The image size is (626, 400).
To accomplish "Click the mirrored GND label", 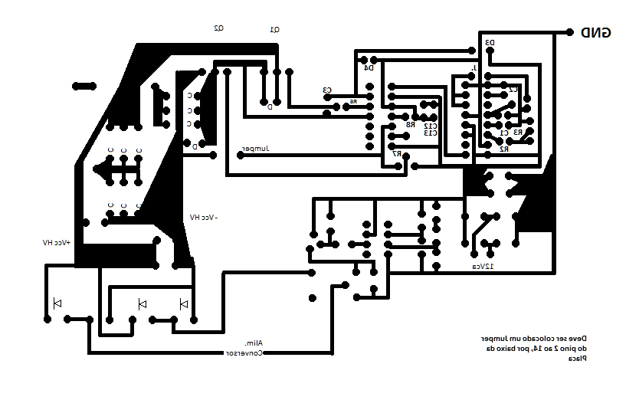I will [x=595, y=32].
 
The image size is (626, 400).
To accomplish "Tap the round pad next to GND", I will [x=569, y=32].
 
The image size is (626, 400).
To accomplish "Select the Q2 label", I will [x=218, y=28].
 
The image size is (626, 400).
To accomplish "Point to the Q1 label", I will [x=275, y=29].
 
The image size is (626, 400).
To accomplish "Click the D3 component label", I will [x=490, y=43].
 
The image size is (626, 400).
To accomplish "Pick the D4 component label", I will [x=369, y=67].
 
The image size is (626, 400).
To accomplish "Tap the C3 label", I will [x=327, y=90].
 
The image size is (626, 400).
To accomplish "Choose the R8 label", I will [x=410, y=124].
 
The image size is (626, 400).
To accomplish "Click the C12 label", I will [x=431, y=125].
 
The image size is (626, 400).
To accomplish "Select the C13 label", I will [x=431, y=133].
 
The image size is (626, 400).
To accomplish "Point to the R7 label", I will [x=396, y=153].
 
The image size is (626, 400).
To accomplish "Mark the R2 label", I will [x=504, y=149].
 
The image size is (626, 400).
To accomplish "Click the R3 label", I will [x=518, y=133].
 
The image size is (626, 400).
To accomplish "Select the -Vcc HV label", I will [x=204, y=218].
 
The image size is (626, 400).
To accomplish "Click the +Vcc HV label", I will [x=57, y=242].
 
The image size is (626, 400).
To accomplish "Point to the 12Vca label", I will [x=482, y=266].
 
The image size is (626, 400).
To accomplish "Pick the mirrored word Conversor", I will [x=244, y=353].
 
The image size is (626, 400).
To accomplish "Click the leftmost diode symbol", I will [x=57, y=303].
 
